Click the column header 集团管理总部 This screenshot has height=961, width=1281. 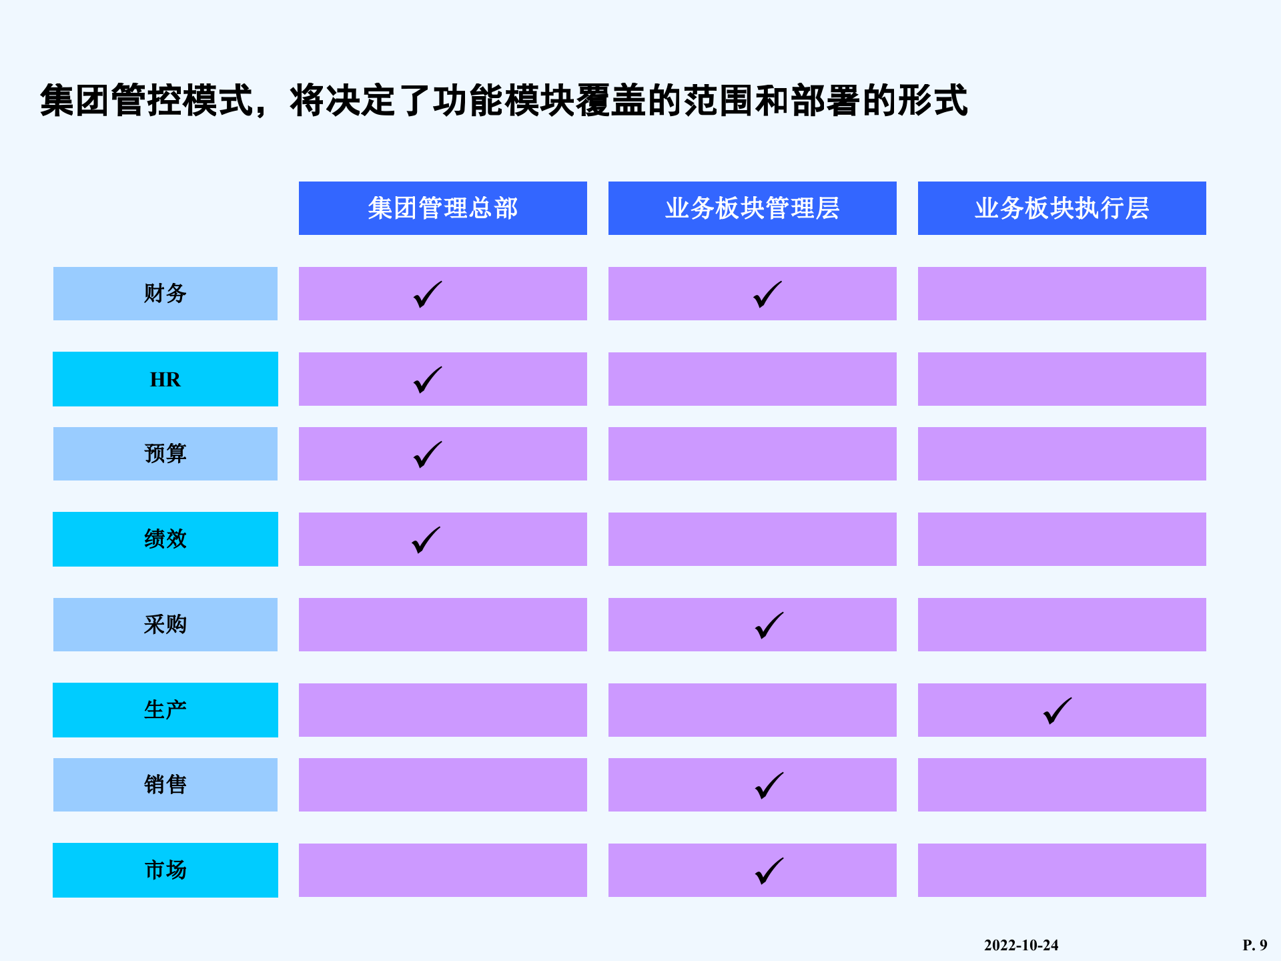click(442, 208)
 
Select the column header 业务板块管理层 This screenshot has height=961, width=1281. click(752, 208)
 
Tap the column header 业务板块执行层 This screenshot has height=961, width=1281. click(1061, 208)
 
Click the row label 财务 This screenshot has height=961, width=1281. click(165, 294)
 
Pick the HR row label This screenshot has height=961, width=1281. click(165, 379)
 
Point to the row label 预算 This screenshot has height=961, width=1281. click(165, 454)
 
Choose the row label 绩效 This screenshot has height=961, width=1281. click(165, 539)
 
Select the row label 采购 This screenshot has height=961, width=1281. click(165, 625)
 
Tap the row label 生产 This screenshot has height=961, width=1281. click(165, 710)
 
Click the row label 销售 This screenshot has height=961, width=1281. click(165, 785)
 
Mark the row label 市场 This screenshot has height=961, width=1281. click(165, 870)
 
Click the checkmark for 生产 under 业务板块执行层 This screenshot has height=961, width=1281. click(1057, 711)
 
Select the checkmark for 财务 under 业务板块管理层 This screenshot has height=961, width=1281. click(767, 295)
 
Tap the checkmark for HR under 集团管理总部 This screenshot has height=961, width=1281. click(427, 380)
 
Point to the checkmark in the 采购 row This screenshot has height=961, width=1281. click(769, 626)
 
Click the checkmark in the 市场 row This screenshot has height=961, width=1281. click(769, 872)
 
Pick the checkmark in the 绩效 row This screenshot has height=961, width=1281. click(426, 541)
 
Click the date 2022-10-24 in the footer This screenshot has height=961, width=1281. click(1021, 945)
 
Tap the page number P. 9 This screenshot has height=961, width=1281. click(1254, 945)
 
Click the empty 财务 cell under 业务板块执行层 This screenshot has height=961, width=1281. click(1061, 294)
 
